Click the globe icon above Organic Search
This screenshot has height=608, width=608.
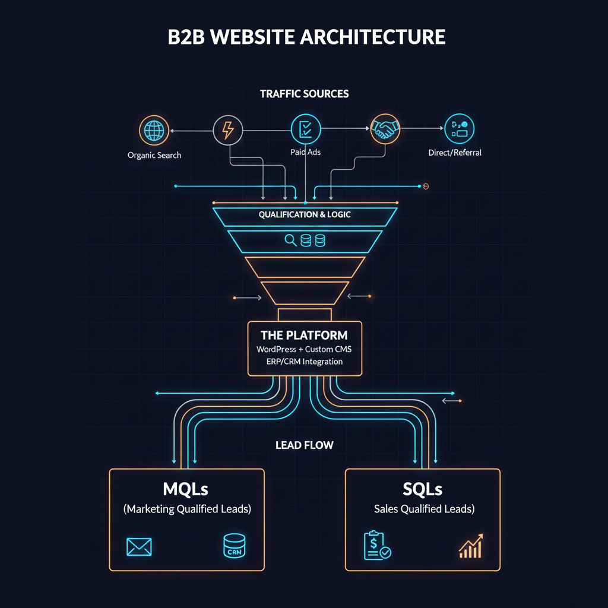click(x=154, y=131)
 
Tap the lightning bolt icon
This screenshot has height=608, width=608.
click(x=227, y=130)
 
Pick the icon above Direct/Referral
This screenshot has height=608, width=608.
click(x=459, y=129)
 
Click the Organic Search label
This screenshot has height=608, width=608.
click(x=154, y=155)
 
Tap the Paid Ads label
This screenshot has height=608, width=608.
click(x=305, y=152)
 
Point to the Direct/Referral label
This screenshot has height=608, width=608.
click(x=455, y=153)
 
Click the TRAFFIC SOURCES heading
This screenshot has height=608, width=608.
click(x=304, y=94)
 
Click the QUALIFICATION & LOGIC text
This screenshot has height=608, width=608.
click(x=305, y=214)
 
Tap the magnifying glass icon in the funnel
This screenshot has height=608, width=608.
click(x=291, y=240)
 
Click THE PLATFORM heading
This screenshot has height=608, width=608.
click(x=304, y=335)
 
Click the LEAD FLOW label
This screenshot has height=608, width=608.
click(x=304, y=445)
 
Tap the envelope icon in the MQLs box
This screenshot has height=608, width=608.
click(x=139, y=547)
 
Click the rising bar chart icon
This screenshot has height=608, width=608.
click(x=471, y=546)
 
